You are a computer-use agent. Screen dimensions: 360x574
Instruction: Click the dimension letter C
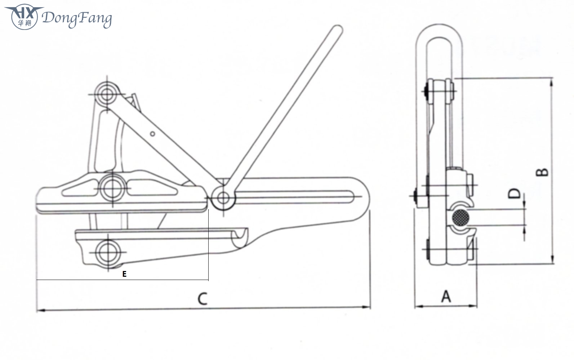203,299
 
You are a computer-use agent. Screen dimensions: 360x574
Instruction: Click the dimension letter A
446,297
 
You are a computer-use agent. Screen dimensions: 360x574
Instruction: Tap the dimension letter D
515,194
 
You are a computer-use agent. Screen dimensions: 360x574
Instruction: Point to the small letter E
124,274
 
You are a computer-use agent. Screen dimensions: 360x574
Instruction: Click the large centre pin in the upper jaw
112,188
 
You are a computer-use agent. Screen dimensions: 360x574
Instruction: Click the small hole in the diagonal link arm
152,134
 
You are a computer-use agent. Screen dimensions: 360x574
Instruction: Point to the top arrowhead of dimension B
551,81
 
